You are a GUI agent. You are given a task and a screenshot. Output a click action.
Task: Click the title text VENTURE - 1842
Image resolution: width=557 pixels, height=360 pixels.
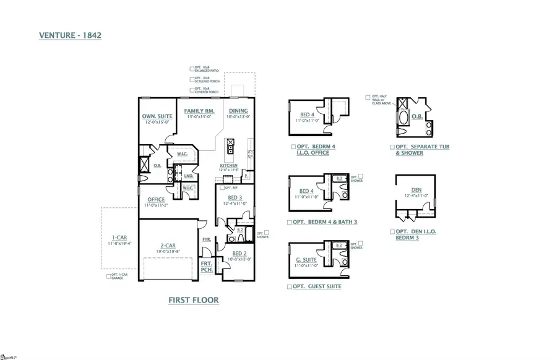69,36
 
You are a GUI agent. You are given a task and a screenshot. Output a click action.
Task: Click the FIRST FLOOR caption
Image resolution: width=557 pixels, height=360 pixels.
194,300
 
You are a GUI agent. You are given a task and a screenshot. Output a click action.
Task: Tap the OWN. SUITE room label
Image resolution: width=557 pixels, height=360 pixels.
157,116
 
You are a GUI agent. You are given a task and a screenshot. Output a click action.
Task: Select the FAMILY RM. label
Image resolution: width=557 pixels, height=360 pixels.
199,110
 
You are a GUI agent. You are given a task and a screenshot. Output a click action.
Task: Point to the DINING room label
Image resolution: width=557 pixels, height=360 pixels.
238,110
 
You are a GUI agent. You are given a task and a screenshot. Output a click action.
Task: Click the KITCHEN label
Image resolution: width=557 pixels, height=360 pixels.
228,166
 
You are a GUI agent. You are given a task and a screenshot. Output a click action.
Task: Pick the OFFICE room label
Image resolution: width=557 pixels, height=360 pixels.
155,199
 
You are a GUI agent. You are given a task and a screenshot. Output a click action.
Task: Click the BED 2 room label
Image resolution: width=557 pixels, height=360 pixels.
239,254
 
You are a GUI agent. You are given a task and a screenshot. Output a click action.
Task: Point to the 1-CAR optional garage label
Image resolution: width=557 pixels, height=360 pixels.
119,238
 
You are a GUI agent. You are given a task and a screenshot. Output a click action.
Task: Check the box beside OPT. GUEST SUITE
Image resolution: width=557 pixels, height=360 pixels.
290,287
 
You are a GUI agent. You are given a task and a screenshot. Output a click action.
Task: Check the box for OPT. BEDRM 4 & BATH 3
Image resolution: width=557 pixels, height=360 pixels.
290,221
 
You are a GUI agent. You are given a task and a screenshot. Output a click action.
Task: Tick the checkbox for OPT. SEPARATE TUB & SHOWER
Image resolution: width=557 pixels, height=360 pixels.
392,147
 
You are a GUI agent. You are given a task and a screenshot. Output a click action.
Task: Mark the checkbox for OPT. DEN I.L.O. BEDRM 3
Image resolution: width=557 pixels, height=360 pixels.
392,231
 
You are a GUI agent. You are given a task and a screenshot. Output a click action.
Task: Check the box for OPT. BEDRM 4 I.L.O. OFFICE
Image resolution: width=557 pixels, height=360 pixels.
293,147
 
